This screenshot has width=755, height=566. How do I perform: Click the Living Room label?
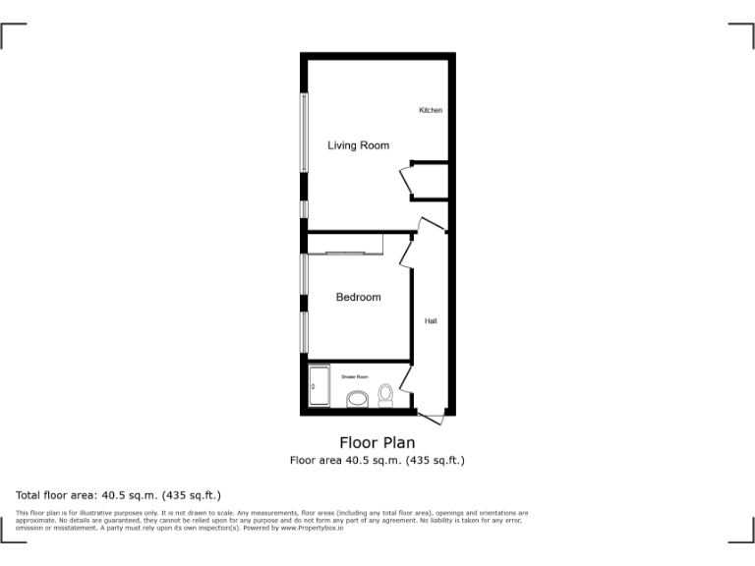tap(358, 145)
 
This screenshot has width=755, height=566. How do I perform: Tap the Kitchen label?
tap(431, 110)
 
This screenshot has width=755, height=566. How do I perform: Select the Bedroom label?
tap(358, 297)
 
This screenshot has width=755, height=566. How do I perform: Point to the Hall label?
tap(431, 321)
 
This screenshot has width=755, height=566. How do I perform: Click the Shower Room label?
tap(355, 376)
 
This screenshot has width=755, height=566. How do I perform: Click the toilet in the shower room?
tap(385, 395)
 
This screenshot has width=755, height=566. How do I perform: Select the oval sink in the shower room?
tap(357, 399)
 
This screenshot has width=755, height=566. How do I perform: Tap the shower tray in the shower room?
tap(320, 387)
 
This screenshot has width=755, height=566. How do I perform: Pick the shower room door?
tap(405, 376)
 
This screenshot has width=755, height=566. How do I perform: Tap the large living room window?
tap(305, 133)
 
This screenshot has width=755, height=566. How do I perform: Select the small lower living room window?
tap(305, 209)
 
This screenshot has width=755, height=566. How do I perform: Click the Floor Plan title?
tap(377, 443)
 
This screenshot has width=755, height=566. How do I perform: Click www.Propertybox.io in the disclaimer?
tap(312, 529)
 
